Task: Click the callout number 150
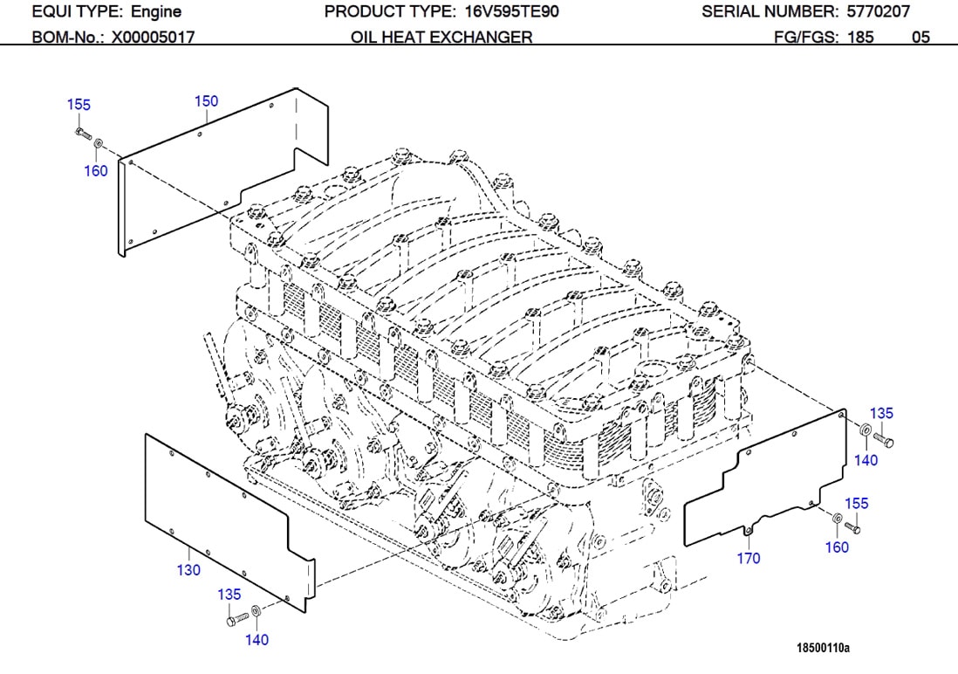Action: tap(206, 101)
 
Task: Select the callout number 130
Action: tap(188, 570)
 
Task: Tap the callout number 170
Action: tap(749, 558)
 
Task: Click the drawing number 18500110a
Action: tap(823, 648)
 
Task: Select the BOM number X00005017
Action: tap(153, 37)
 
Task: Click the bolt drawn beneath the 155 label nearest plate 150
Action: tap(82, 133)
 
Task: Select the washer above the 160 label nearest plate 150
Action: tap(98, 142)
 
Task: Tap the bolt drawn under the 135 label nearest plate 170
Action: tap(883, 440)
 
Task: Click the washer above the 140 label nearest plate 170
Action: tap(864, 431)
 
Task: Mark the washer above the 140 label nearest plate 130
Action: tap(255, 610)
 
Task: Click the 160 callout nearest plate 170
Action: tap(837, 547)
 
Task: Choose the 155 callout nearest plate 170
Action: tap(857, 504)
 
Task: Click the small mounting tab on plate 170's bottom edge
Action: tap(748, 531)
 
